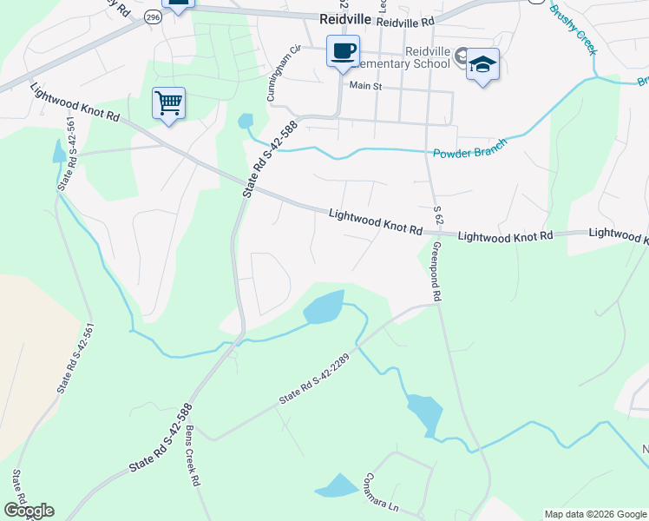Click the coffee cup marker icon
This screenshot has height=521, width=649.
click(343, 51)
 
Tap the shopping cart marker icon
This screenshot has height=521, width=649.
click(168, 103)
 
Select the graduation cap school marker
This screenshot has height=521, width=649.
click(483, 65)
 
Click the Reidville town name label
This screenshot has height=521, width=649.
click(344, 19)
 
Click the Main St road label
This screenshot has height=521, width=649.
click(365, 86)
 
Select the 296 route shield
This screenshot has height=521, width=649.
click(154, 16)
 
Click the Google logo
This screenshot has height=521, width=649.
click(29, 511)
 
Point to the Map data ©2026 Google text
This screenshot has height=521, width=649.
click(595, 514)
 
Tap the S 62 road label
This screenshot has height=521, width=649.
click(437, 212)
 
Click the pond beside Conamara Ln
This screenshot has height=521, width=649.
click(337, 486)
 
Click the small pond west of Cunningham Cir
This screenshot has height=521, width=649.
click(246, 121)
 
